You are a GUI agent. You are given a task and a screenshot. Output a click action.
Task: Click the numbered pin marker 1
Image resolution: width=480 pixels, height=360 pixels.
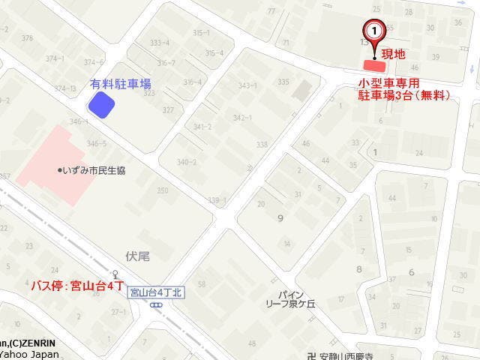[x=374, y=31]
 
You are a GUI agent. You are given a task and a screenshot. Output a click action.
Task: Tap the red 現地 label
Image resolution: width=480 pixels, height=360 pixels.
[x=394, y=54]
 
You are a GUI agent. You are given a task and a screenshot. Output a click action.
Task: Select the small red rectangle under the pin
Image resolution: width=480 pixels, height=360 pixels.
[x=373, y=64]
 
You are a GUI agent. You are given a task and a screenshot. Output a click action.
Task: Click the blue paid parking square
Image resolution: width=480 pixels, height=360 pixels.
[x=101, y=105]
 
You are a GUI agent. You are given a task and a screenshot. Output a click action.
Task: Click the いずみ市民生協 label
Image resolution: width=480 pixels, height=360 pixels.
[x=92, y=170]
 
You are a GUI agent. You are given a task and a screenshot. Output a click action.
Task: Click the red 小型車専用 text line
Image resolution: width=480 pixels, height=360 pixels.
[x=388, y=83]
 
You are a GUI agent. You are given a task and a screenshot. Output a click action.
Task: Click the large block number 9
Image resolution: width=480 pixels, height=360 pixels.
[x=280, y=218]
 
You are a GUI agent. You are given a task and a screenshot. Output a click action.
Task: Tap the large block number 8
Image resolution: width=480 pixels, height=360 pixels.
[x=359, y=268]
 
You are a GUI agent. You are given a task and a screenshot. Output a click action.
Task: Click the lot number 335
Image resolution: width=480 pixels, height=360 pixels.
[x=283, y=82]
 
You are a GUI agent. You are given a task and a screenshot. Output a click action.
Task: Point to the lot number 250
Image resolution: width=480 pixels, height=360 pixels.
[x=162, y=190]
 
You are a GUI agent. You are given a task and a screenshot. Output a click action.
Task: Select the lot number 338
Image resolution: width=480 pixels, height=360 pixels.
[x=261, y=145]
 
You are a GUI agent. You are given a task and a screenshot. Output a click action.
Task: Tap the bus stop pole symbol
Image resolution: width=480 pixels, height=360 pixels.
[x=115, y=274]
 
